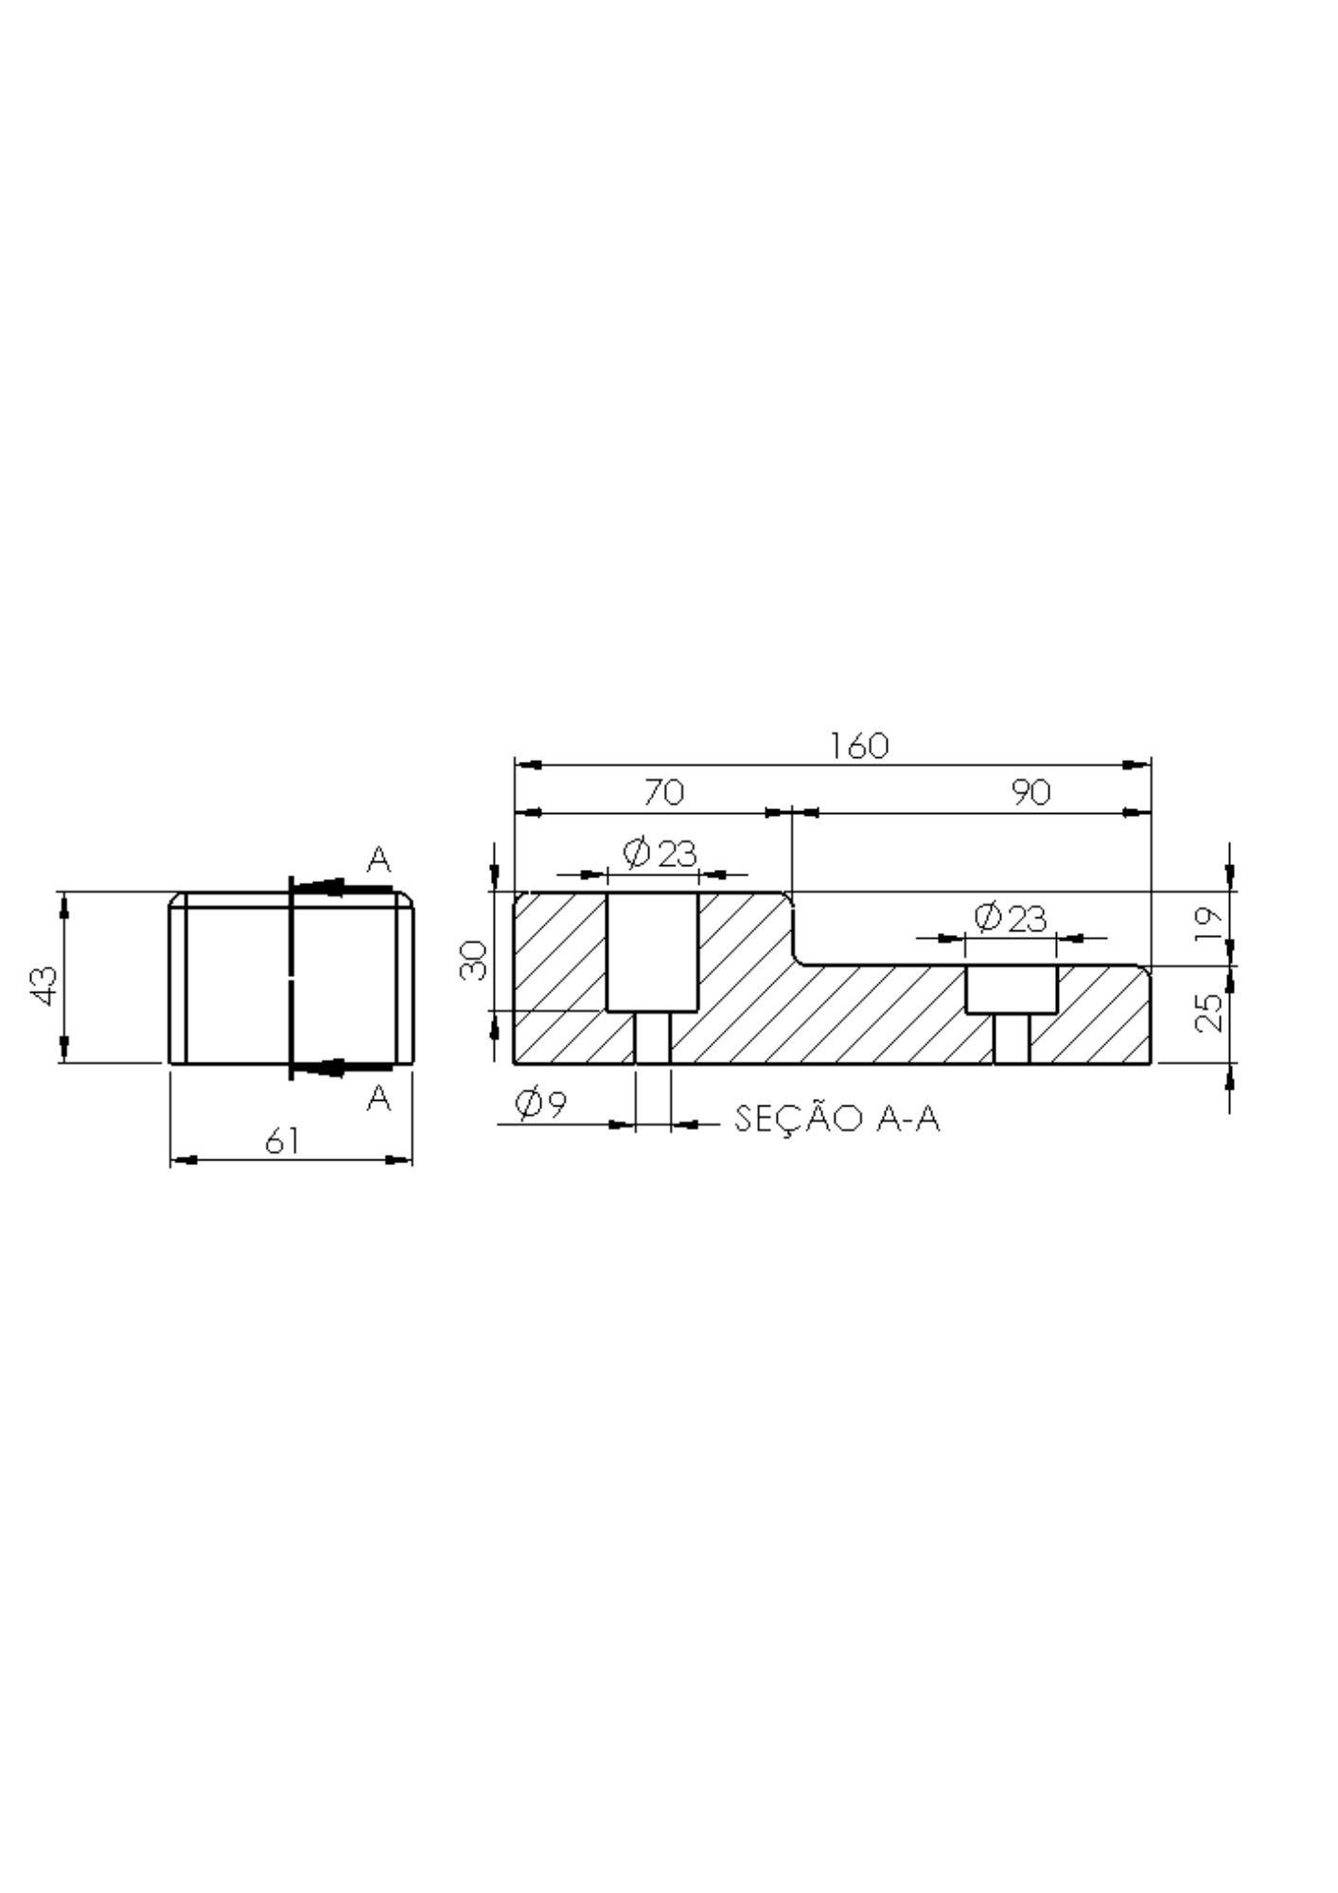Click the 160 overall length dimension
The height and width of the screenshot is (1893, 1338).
(x=859, y=746)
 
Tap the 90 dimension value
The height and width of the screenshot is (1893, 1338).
(x=1030, y=791)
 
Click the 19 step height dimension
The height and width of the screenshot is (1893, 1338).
(x=1208, y=923)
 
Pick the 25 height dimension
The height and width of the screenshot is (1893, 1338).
(x=1208, y=1012)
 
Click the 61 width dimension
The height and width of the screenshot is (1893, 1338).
(x=282, y=1141)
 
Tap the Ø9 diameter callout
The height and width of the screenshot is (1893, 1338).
(x=540, y=1103)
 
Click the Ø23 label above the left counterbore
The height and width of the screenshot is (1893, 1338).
(x=660, y=855)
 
